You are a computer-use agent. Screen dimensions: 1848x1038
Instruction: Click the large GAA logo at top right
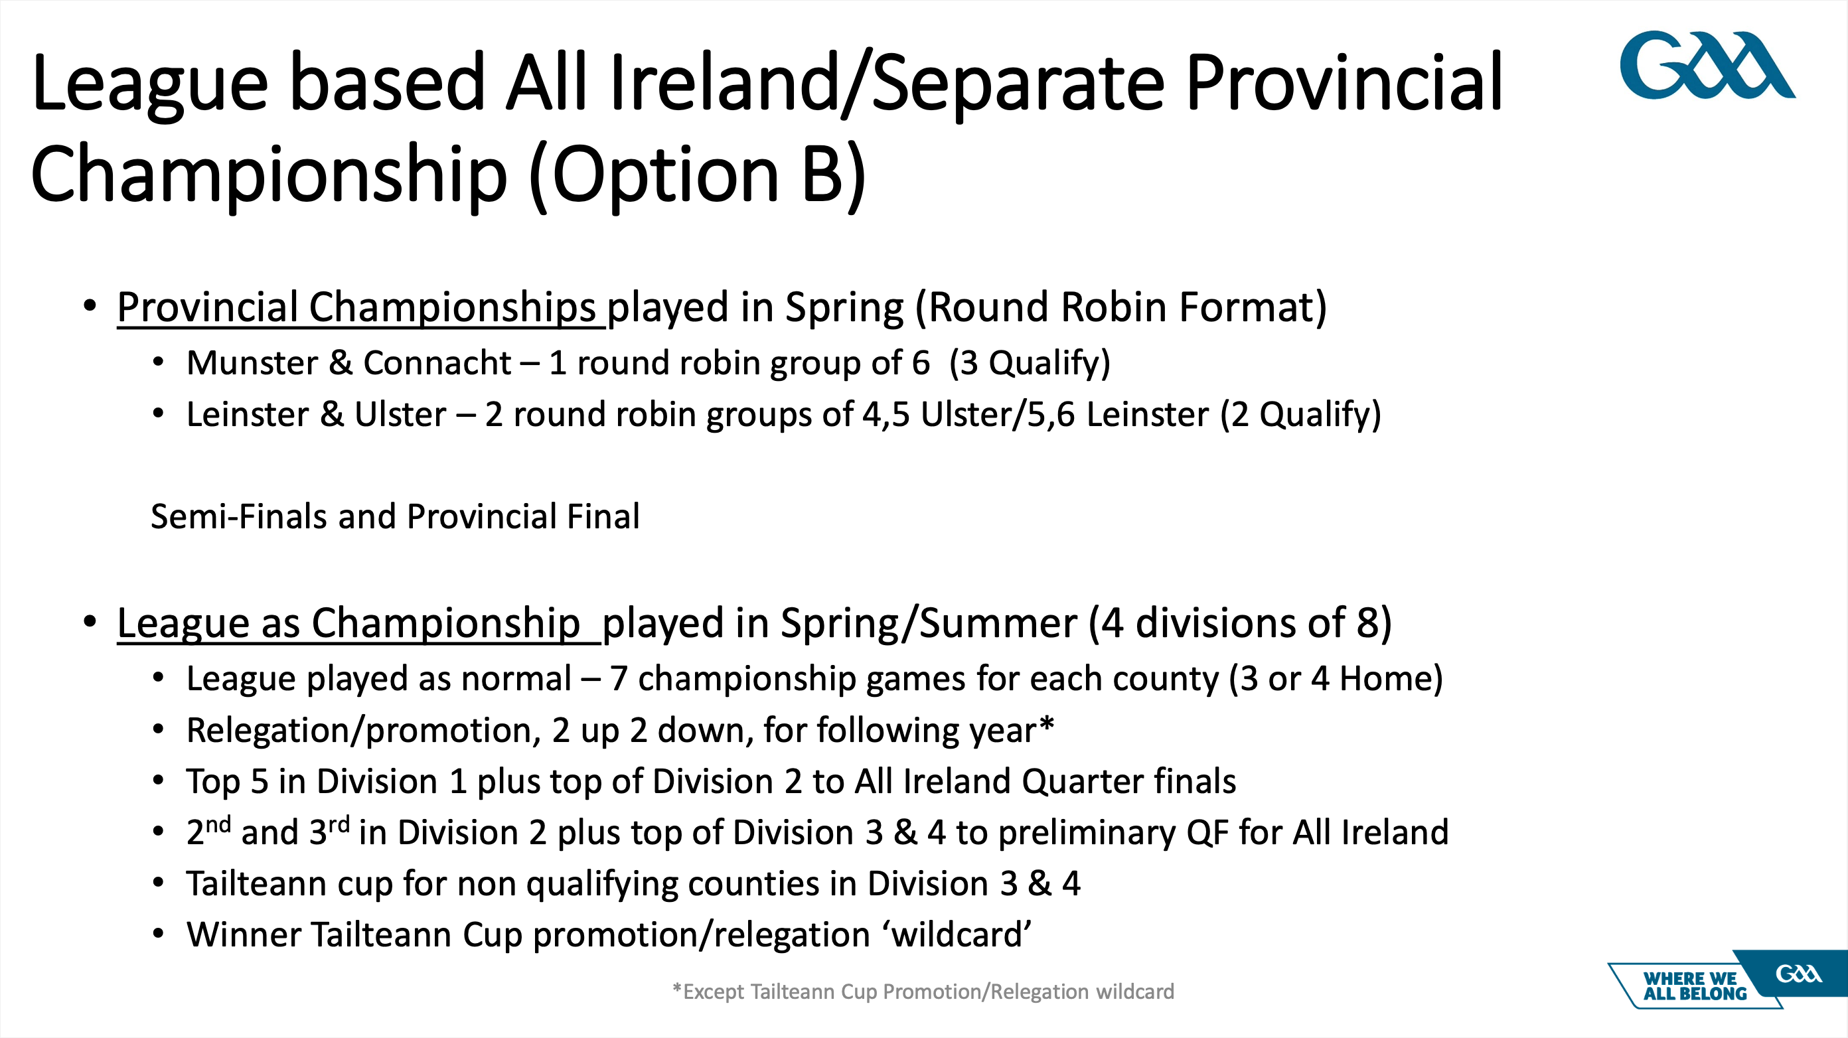pyautogui.click(x=1707, y=64)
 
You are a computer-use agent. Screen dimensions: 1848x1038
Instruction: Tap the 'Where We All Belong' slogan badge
pyautogui.click(x=1727, y=980)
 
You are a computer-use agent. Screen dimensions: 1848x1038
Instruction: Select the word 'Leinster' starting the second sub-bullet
pyautogui.click(x=248, y=415)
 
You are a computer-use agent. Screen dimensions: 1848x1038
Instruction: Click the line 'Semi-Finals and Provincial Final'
pyautogui.click(x=395, y=516)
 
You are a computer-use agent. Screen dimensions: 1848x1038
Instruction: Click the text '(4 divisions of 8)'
pyautogui.click(x=1241, y=623)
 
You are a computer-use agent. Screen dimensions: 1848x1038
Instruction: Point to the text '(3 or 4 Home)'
pyautogui.click(x=1336, y=678)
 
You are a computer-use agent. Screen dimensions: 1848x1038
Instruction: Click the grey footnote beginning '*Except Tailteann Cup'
pyautogui.click(x=923, y=992)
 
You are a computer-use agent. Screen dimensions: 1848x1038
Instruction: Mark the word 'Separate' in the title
pyautogui.click(x=1019, y=85)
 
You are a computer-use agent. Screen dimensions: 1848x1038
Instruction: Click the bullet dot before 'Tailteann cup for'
pyautogui.click(x=159, y=883)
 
